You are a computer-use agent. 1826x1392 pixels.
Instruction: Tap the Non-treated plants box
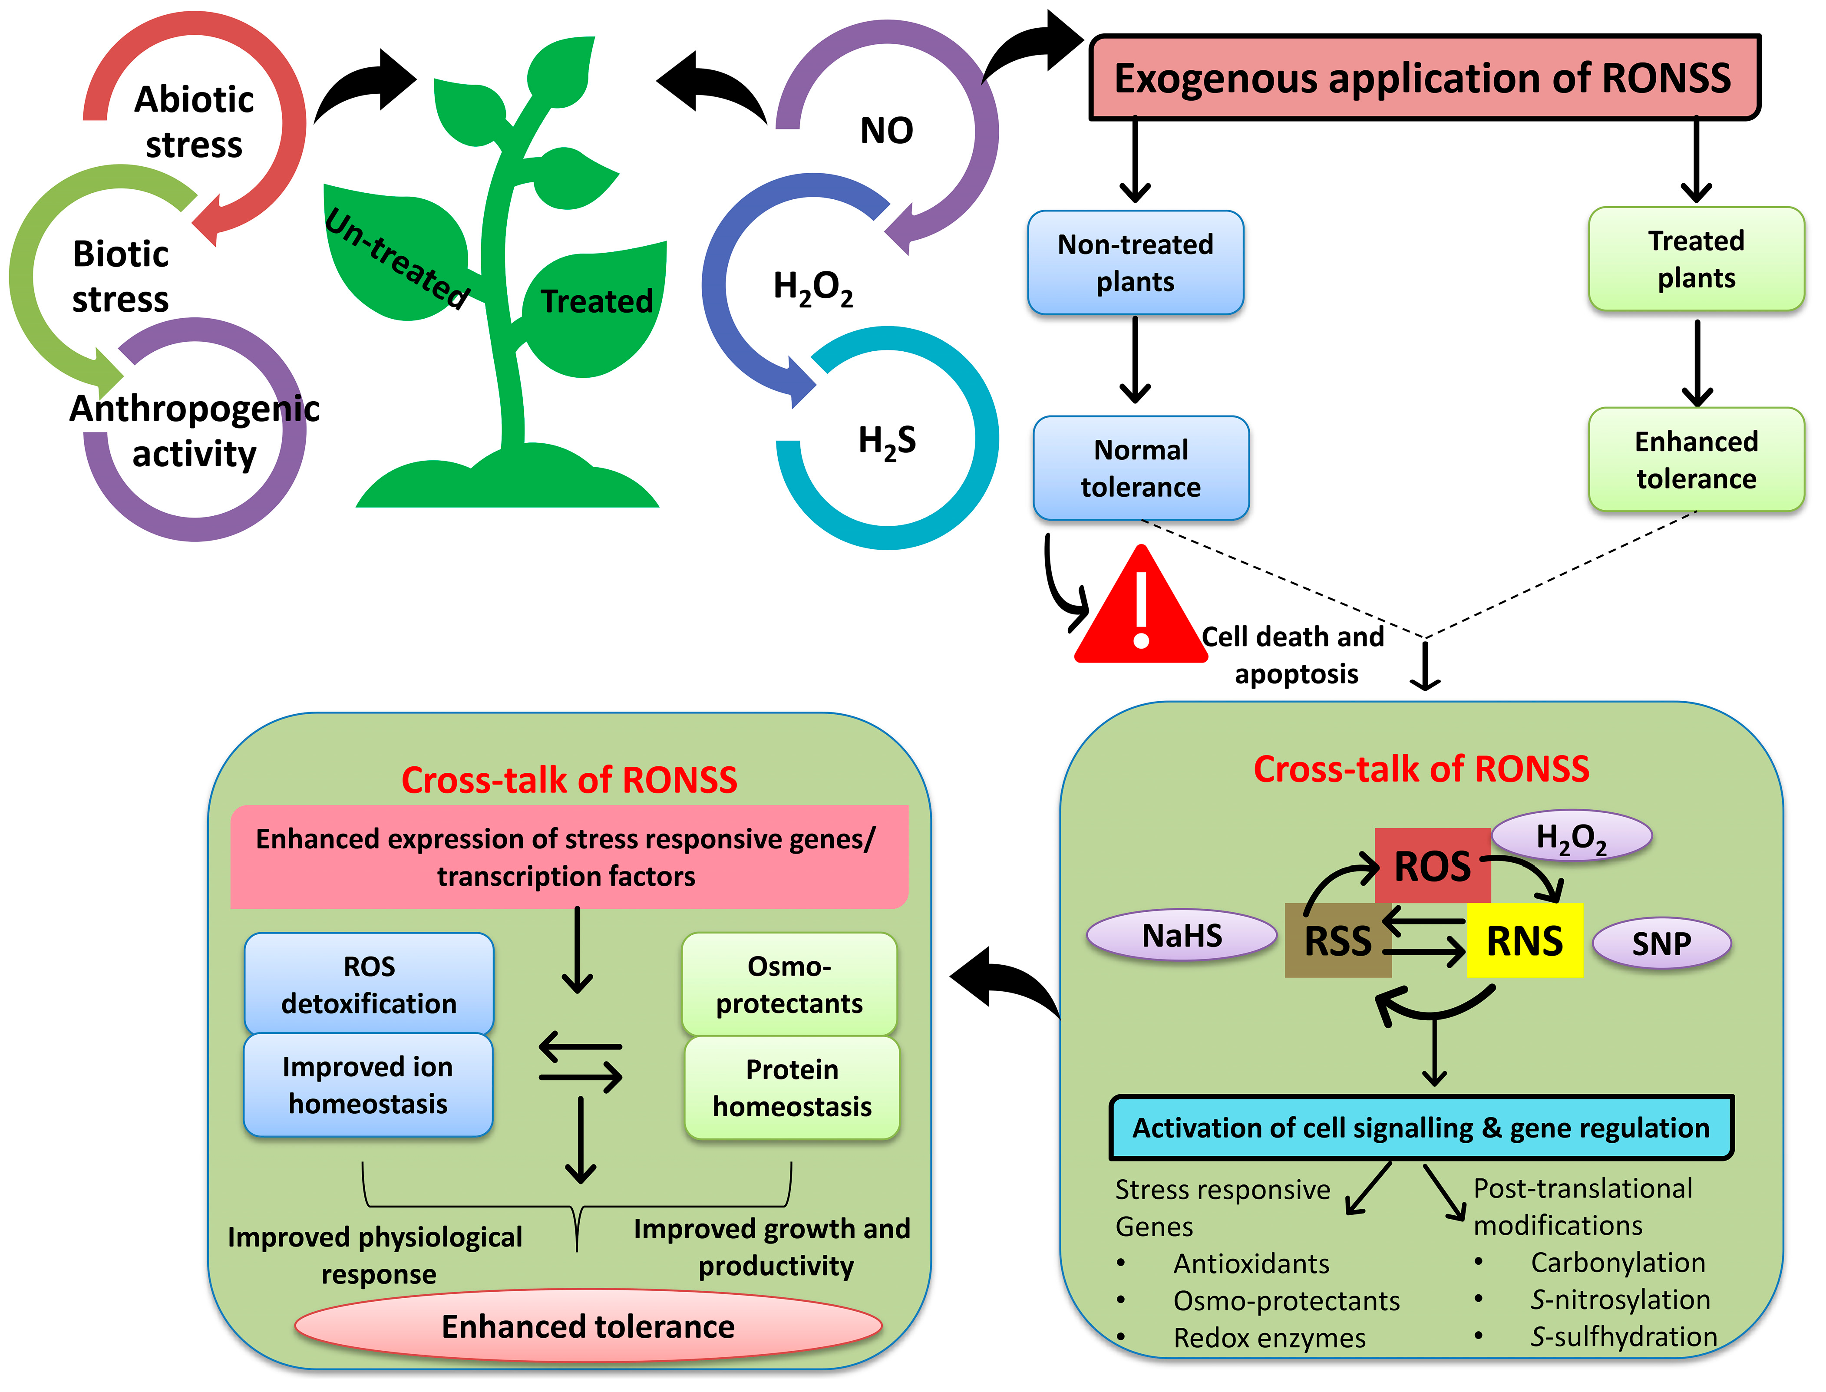(1135, 263)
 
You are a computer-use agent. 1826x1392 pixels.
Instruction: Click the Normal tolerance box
(1141, 468)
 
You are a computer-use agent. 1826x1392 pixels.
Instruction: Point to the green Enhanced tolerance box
(1696, 460)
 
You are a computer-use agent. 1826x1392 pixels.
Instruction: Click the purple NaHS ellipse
(1182, 936)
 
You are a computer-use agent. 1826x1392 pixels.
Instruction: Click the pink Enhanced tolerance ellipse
(588, 1326)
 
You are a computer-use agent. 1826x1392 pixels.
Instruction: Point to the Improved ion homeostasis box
(368, 1085)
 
